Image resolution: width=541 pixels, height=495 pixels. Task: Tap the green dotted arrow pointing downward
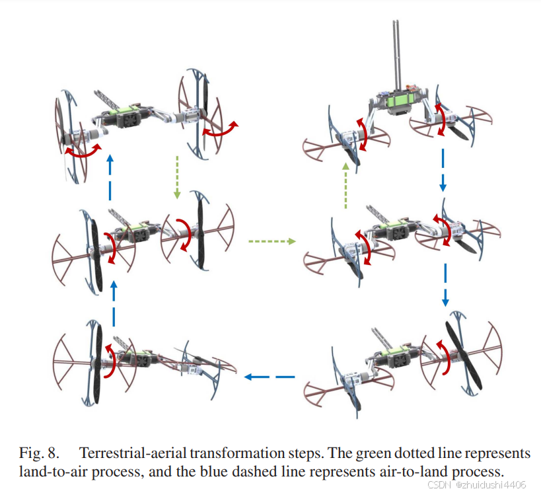[177, 177]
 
